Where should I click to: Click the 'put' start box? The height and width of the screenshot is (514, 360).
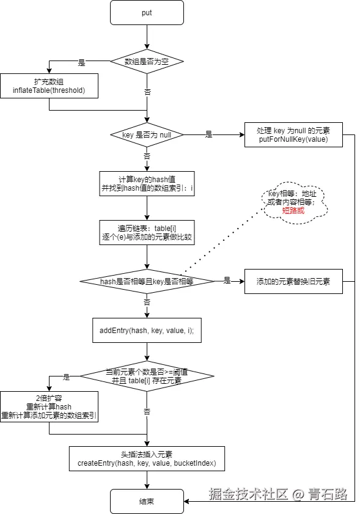point(147,12)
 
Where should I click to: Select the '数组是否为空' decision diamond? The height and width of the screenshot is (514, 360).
point(147,61)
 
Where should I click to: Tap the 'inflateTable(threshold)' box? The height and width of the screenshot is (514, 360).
point(49,86)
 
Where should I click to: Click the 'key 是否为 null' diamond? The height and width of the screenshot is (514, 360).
point(147,134)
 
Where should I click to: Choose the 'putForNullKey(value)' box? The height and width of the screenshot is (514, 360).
point(293,135)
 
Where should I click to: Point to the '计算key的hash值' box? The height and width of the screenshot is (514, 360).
point(147,183)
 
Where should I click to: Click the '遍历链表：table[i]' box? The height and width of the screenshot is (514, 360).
point(147,233)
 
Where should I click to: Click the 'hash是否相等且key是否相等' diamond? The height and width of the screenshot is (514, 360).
point(147,281)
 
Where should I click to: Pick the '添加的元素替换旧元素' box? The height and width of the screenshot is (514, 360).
point(293,281)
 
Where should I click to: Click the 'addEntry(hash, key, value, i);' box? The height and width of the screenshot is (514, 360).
point(147,330)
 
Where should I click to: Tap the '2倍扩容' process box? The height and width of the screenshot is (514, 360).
point(49,406)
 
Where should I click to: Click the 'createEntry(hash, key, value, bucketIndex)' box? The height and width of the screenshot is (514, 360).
point(147,458)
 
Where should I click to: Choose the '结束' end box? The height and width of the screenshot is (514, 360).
point(147,501)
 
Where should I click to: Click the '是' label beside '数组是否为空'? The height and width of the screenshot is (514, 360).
point(82,63)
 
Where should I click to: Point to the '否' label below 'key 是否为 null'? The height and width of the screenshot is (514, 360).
point(147,156)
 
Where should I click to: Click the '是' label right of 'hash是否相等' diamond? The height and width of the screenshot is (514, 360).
point(227,281)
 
